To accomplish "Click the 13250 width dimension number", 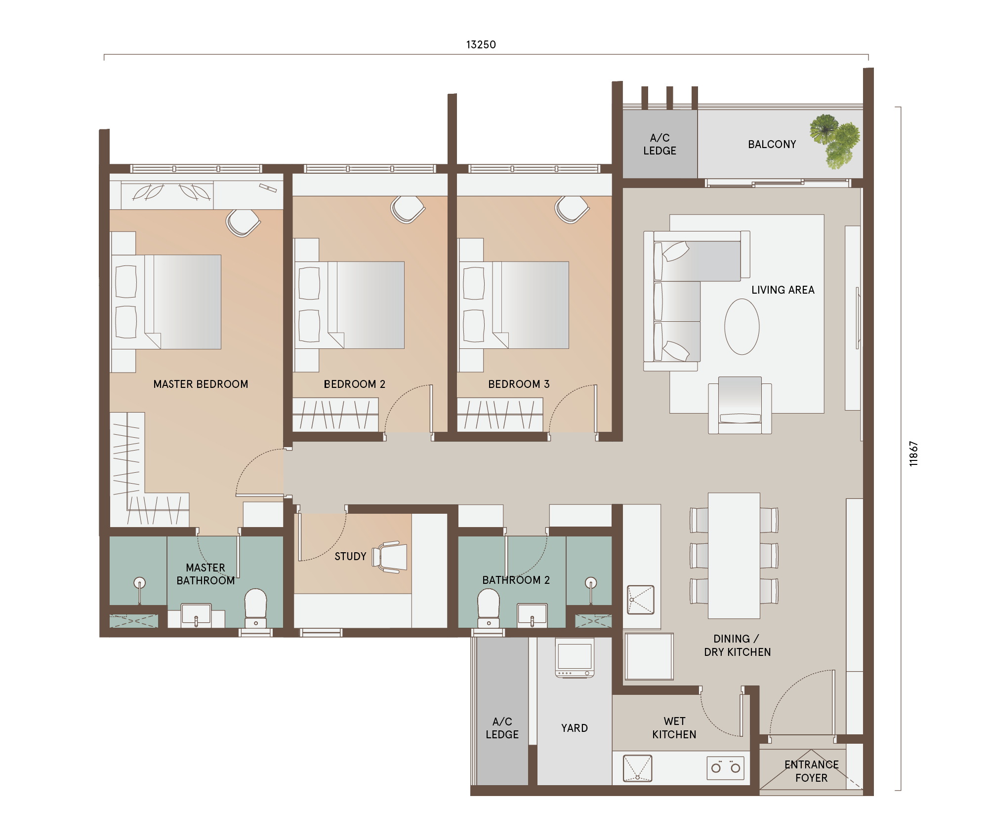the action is click(x=481, y=45).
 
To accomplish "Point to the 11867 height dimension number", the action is click(x=913, y=454).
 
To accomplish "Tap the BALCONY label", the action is click(x=772, y=145).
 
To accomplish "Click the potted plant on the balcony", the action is click(x=835, y=141).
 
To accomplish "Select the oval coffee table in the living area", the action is click(x=741, y=327).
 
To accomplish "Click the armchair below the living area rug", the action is click(x=740, y=405).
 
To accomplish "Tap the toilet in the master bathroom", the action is click(x=255, y=608).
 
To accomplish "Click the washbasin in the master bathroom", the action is click(x=196, y=615).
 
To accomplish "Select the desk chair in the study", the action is click(x=390, y=557).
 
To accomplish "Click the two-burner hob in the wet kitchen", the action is click(x=725, y=768).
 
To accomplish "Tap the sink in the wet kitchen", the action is click(x=637, y=768).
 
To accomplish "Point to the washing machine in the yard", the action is click(x=575, y=658).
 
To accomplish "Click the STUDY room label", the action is click(x=350, y=557).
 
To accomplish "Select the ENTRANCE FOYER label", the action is click(x=811, y=771).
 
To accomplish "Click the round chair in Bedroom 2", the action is click(x=408, y=209).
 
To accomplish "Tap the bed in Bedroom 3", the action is click(x=514, y=305).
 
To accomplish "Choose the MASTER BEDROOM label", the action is click(x=201, y=384).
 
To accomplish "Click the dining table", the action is click(x=734, y=556).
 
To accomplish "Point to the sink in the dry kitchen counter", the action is click(x=641, y=600).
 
